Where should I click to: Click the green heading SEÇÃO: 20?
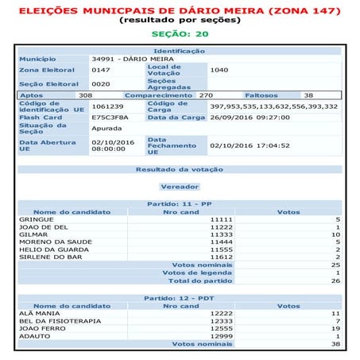click(x=180, y=35)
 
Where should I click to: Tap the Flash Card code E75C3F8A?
click(x=108, y=117)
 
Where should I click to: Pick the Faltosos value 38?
click(x=308, y=95)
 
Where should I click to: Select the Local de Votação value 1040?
click(x=219, y=70)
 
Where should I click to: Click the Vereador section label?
click(x=180, y=186)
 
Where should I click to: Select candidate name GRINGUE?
click(x=35, y=219)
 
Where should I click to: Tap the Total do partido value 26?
click(x=336, y=281)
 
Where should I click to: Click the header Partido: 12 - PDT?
click(x=180, y=298)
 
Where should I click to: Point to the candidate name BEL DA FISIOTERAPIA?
click(x=56, y=320)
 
